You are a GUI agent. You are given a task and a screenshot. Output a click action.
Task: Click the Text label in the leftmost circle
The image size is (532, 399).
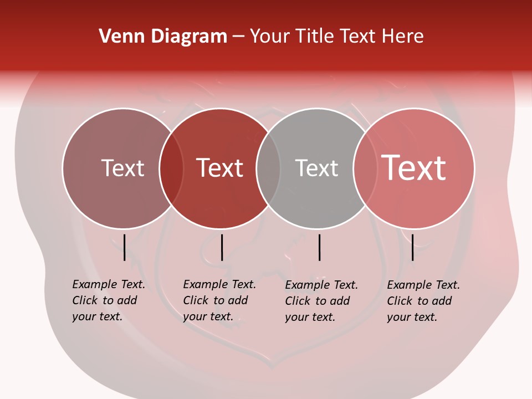click(122, 168)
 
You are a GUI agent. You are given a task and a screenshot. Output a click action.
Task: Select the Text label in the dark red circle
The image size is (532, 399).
click(220, 168)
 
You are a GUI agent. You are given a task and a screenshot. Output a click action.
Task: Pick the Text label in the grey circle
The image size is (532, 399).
click(316, 168)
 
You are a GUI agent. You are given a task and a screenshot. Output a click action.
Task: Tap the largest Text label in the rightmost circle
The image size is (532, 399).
click(414, 167)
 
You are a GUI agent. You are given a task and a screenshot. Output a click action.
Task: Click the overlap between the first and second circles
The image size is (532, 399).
click(171, 168)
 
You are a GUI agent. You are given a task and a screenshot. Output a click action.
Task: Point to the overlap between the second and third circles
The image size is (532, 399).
click(268, 168)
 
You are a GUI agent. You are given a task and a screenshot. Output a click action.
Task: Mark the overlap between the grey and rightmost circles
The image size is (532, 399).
click(363, 168)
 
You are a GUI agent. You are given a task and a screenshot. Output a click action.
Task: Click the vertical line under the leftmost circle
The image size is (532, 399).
click(124, 247)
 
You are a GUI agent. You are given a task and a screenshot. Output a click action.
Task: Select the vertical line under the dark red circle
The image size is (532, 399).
click(222, 247)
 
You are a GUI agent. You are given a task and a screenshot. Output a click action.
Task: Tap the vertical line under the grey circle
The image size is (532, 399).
click(319, 247)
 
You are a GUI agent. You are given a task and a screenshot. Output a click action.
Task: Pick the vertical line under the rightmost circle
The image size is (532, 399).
click(412, 247)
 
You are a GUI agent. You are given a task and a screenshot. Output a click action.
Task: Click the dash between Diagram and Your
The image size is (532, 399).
click(238, 37)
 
